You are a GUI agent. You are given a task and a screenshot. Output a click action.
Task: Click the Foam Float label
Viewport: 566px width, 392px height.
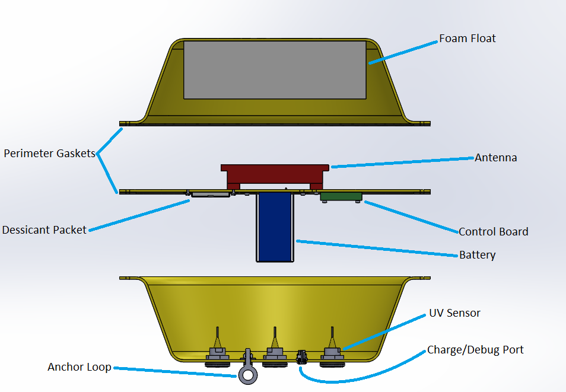point(467,39)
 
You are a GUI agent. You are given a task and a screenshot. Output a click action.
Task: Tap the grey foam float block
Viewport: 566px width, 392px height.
point(275,69)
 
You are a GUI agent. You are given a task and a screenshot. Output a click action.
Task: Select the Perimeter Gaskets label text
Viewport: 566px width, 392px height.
point(49,154)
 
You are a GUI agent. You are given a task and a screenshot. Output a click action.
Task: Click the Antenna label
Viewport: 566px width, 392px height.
point(495,158)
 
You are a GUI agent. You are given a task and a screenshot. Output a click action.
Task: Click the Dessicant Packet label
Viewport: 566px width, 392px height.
point(44,230)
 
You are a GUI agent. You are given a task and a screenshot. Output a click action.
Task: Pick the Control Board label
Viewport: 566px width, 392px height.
point(493,231)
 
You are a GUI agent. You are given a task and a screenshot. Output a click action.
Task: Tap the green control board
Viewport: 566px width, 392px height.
point(341,196)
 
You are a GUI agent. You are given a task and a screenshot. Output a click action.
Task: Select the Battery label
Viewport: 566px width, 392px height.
point(477,255)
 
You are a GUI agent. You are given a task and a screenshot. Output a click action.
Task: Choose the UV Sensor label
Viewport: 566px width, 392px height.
point(454,313)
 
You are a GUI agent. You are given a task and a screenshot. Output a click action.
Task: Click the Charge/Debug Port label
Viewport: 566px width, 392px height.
point(475,350)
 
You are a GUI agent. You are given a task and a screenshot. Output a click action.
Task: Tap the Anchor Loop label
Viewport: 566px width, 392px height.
point(79,367)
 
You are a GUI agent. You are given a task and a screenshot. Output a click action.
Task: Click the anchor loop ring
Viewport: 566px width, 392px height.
point(247,374)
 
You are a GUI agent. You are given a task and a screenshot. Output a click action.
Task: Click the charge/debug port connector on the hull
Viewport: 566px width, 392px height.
point(301,356)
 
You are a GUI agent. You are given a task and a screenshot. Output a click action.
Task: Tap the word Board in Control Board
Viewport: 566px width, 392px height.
point(513,231)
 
